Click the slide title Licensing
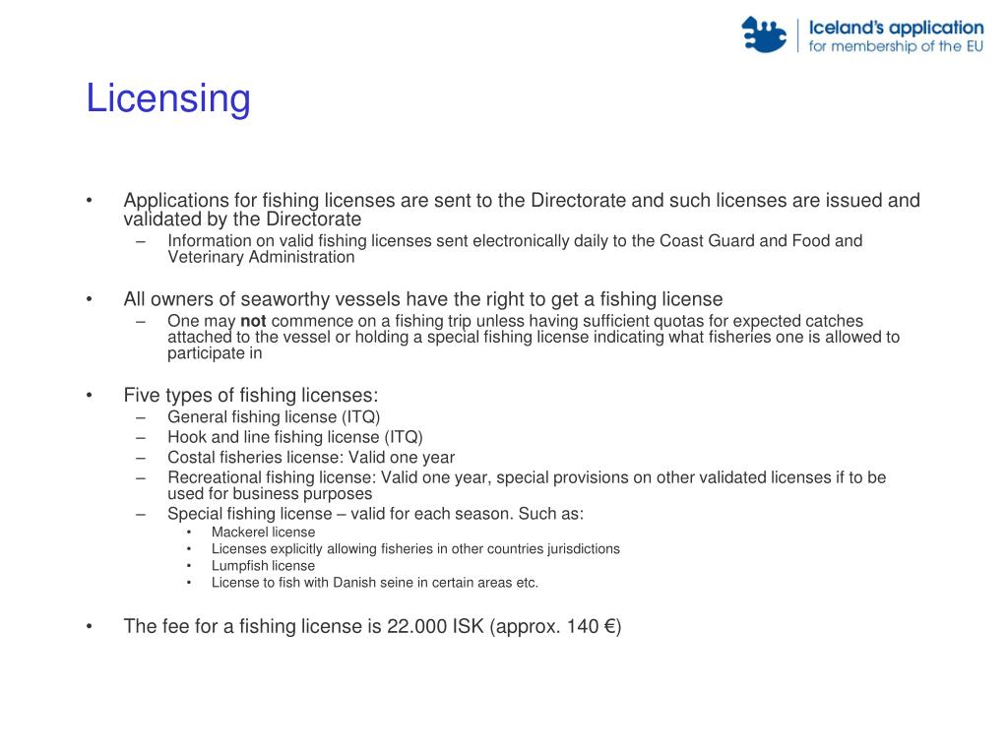tap(168, 99)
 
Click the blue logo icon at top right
tap(764, 34)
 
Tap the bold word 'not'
tap(253, 321)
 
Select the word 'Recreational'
tap(214, 477)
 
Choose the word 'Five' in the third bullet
tap(142, 396)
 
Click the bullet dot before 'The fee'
tap(90, 626)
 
